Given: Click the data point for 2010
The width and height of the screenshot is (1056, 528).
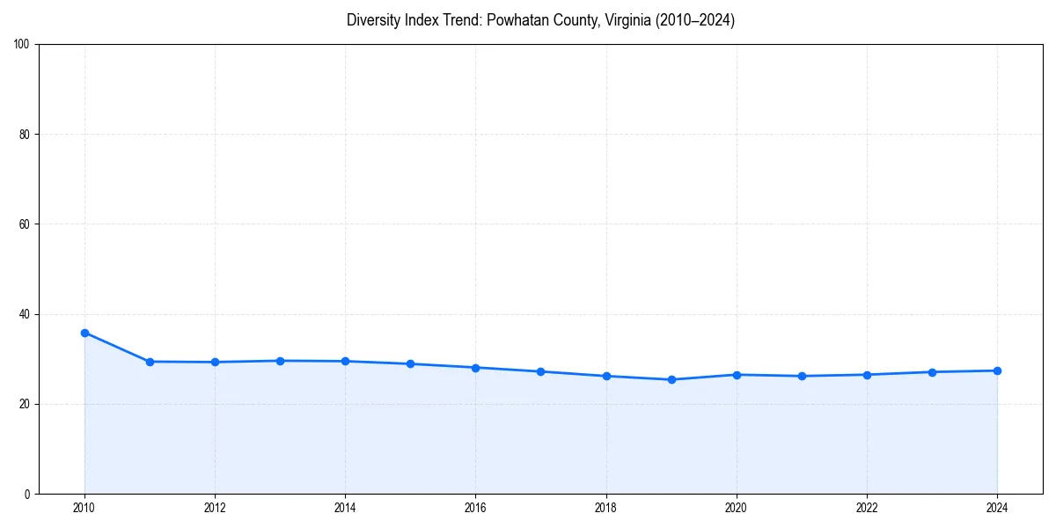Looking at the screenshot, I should click(84, 333).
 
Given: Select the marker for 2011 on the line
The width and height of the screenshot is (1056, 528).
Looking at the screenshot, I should click(150, 362).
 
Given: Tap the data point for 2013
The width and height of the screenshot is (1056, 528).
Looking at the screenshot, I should click(280, 361).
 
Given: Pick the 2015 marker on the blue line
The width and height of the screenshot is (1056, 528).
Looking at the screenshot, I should click(410, 363).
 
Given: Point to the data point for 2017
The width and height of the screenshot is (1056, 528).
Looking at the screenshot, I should click(540, 371).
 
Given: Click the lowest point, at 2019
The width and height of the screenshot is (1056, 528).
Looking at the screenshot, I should click(671, 379).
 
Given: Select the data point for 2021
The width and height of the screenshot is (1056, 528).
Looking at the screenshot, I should click(802, 376).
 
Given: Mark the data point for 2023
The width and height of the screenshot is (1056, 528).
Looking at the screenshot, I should click(932, 372).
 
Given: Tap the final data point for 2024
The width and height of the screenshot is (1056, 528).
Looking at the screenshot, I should click(997, 370).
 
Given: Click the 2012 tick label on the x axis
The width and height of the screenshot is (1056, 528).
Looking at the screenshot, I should click(215, 508).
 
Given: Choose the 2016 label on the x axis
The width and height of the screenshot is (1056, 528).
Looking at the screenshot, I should click(475, 508).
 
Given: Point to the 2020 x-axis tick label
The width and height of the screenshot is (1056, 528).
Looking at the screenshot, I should click(737, 508).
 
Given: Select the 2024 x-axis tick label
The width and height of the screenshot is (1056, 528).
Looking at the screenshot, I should click(997, 508).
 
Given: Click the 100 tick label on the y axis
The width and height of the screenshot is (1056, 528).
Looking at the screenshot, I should click(22, 45).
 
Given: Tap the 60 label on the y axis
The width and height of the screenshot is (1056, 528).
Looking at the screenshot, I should click(25, 224).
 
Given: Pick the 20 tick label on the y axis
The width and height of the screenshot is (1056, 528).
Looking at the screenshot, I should click(25, 404).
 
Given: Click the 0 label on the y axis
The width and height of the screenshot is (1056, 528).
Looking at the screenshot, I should click(27, 494).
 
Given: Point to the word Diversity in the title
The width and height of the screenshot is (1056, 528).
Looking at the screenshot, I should click(374, 20).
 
